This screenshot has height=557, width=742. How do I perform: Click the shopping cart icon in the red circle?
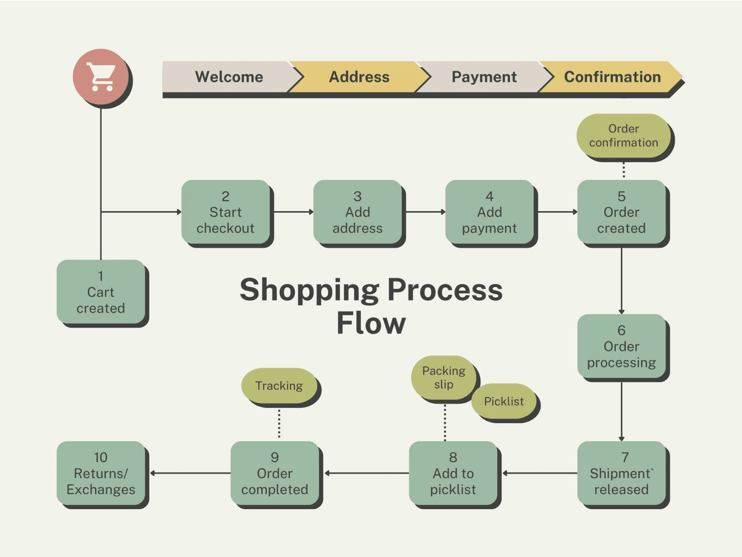[101, 77]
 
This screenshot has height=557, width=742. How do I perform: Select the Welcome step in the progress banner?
[229, 77]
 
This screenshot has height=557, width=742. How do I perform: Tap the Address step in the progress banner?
[359, 77]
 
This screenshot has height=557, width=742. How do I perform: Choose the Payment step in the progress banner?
[484, 77]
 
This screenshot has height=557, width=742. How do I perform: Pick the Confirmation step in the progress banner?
[612, 77]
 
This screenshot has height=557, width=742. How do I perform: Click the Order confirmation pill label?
[623, 136]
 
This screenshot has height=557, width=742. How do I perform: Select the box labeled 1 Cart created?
[101, 292]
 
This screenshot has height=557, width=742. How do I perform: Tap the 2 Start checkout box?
[225, 212]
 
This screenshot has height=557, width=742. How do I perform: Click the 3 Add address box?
[358, 212]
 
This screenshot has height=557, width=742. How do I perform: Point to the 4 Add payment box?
[489, 212]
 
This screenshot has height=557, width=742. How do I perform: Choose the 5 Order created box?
[621, 212]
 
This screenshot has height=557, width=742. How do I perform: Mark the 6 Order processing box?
[621, 346]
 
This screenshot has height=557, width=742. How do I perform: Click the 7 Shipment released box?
[621, 473]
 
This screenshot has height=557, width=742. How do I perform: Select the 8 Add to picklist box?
[453, 473]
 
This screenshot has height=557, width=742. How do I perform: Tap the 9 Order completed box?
[275, 473]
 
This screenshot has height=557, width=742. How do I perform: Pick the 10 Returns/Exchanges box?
[101, 473]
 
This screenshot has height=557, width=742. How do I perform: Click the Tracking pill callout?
[279, 386]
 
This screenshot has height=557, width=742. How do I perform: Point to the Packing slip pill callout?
[443, 377]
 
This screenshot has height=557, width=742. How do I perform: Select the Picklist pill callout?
[504, 401]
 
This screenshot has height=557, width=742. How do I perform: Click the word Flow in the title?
[371, 323]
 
